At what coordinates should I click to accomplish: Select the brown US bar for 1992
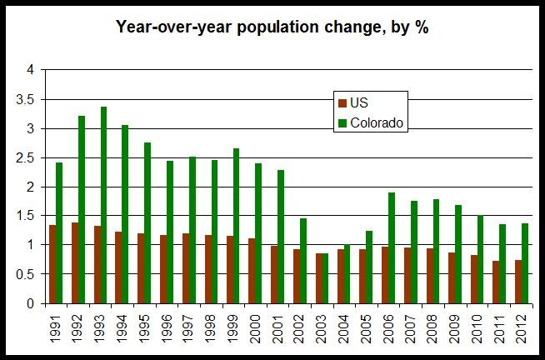tap(76, 262)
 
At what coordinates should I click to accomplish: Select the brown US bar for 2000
tap(252, 271)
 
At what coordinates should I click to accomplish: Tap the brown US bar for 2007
tap(408, 275)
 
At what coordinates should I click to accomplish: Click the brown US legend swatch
tap(339, 103)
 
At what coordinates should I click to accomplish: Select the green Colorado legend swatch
tap(339, 122)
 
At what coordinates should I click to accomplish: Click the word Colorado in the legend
tap(377, 122)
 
